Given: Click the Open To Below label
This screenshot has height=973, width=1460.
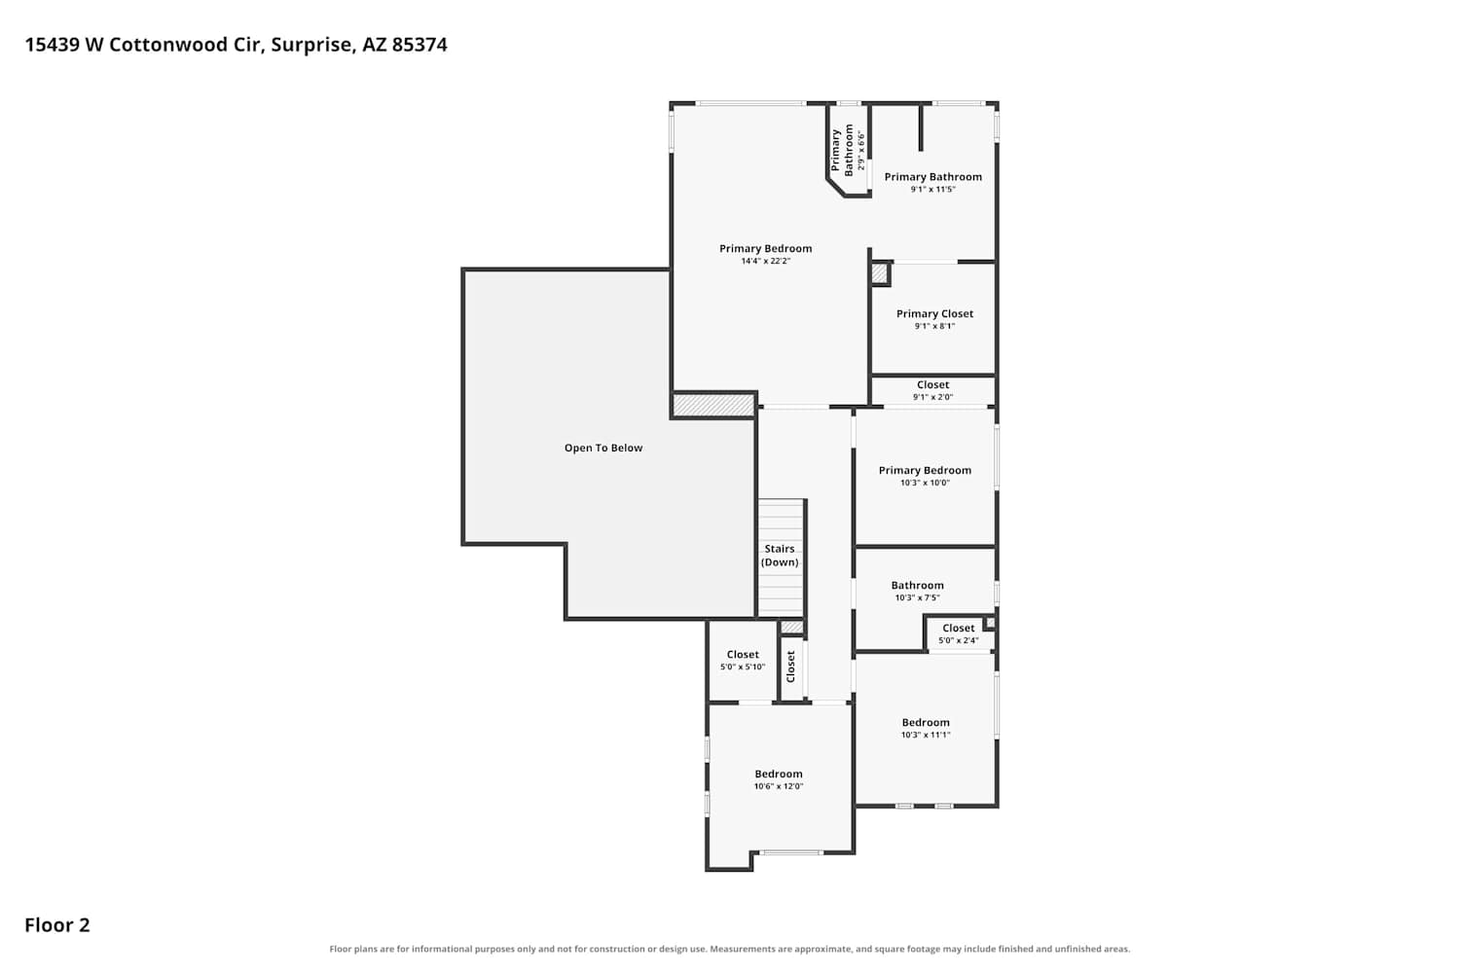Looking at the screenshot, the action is pyautogui.click(x=602, y=448).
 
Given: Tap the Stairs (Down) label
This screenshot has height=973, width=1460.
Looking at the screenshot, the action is pyautogui.click(x=780, y=556).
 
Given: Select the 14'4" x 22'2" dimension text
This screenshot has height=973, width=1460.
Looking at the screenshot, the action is pyautogui.click(x=765, y=262).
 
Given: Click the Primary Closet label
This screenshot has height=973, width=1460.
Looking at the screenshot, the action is pyautogui.click(x=934, y=313).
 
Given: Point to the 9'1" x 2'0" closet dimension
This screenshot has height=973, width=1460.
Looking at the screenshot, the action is pyautogui.click(x=932, y=397).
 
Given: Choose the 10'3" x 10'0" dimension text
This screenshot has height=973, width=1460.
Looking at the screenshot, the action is pyautogui.click(x=925, y=483).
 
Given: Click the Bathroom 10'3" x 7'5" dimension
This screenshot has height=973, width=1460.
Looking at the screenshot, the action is pyautogui.click(x=917, y=597).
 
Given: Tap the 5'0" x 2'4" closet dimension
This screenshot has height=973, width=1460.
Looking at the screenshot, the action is pyautogui.click(x=958, y=640).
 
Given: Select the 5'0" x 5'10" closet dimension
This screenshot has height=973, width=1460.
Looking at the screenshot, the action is pyautogui.click(x=743, y=667).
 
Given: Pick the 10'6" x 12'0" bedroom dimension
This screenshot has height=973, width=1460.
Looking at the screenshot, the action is pyautogui.click(x=779, y=786).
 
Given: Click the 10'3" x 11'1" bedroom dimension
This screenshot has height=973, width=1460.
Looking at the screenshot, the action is pyautogui.click(x=926, y=736).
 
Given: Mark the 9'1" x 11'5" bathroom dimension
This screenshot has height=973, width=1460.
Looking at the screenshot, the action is pyautogui.click(x=932, y=190).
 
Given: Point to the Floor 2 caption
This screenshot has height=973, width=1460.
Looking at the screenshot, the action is pyautogui.click(x=57, y=925).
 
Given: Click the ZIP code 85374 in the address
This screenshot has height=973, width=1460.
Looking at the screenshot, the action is pyautogui.click(x=420, y=45).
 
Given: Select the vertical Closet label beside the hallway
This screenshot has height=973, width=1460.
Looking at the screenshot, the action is pyautogui.click(x=790, y=667).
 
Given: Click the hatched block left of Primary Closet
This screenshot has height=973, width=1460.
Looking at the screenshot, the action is pyautogui.click(x=880, y=273).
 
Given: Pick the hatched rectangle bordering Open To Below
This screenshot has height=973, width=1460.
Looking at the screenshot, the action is pyautogui.click(x=713, y=405).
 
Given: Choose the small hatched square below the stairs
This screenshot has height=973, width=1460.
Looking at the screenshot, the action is pyautogui.click(x=792, y=627).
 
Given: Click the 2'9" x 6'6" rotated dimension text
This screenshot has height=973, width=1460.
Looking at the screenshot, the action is pyautogui.click(x=861, y=151).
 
